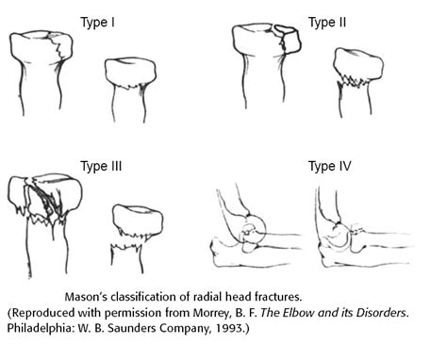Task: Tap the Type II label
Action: point(327,18)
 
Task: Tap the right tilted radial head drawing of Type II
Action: point(358,80)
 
